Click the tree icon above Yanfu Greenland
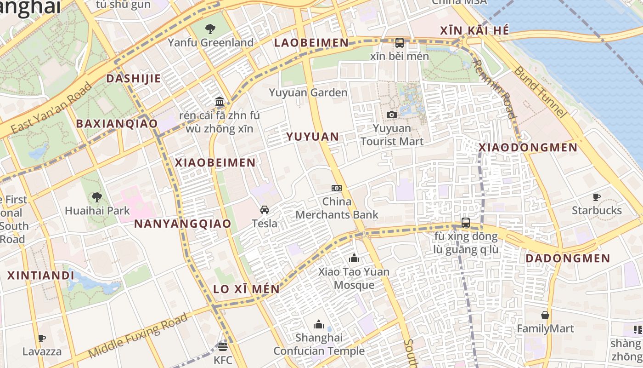pyautogui.click(x=210, y=29)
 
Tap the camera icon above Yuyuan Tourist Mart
pyautogui.click(x=392, y=115)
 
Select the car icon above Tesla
pyautogui.click(x=265, y=210)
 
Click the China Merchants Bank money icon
pyautogui.click(x=337, y=188)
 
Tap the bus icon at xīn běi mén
pyautogui.click(x=400, y=43)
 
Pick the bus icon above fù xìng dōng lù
pyautogui.click(x=466, y=223)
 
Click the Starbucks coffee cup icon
pyautogui.click(x=597, y=197)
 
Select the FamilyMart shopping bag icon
pyautogui.click(x=545, y=315)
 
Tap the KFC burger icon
pyautogui.click(x=223, y=346)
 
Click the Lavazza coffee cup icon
pyautogui.click(x=42, y=339)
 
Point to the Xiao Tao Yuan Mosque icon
pyautogui.click(x=354, y=258)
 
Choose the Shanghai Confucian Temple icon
pyautogui.click(x=319, y=324)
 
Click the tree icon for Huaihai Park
pyautogui.click(x=97, y=197)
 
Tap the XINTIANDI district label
pyautogui.click(x=41, y=276)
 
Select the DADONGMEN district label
pyautogui.click(x=568, y=259)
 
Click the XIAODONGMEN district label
pyautogui.click(x=528, y=148)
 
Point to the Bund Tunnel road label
pyautogui.click(x=539, y=92)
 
